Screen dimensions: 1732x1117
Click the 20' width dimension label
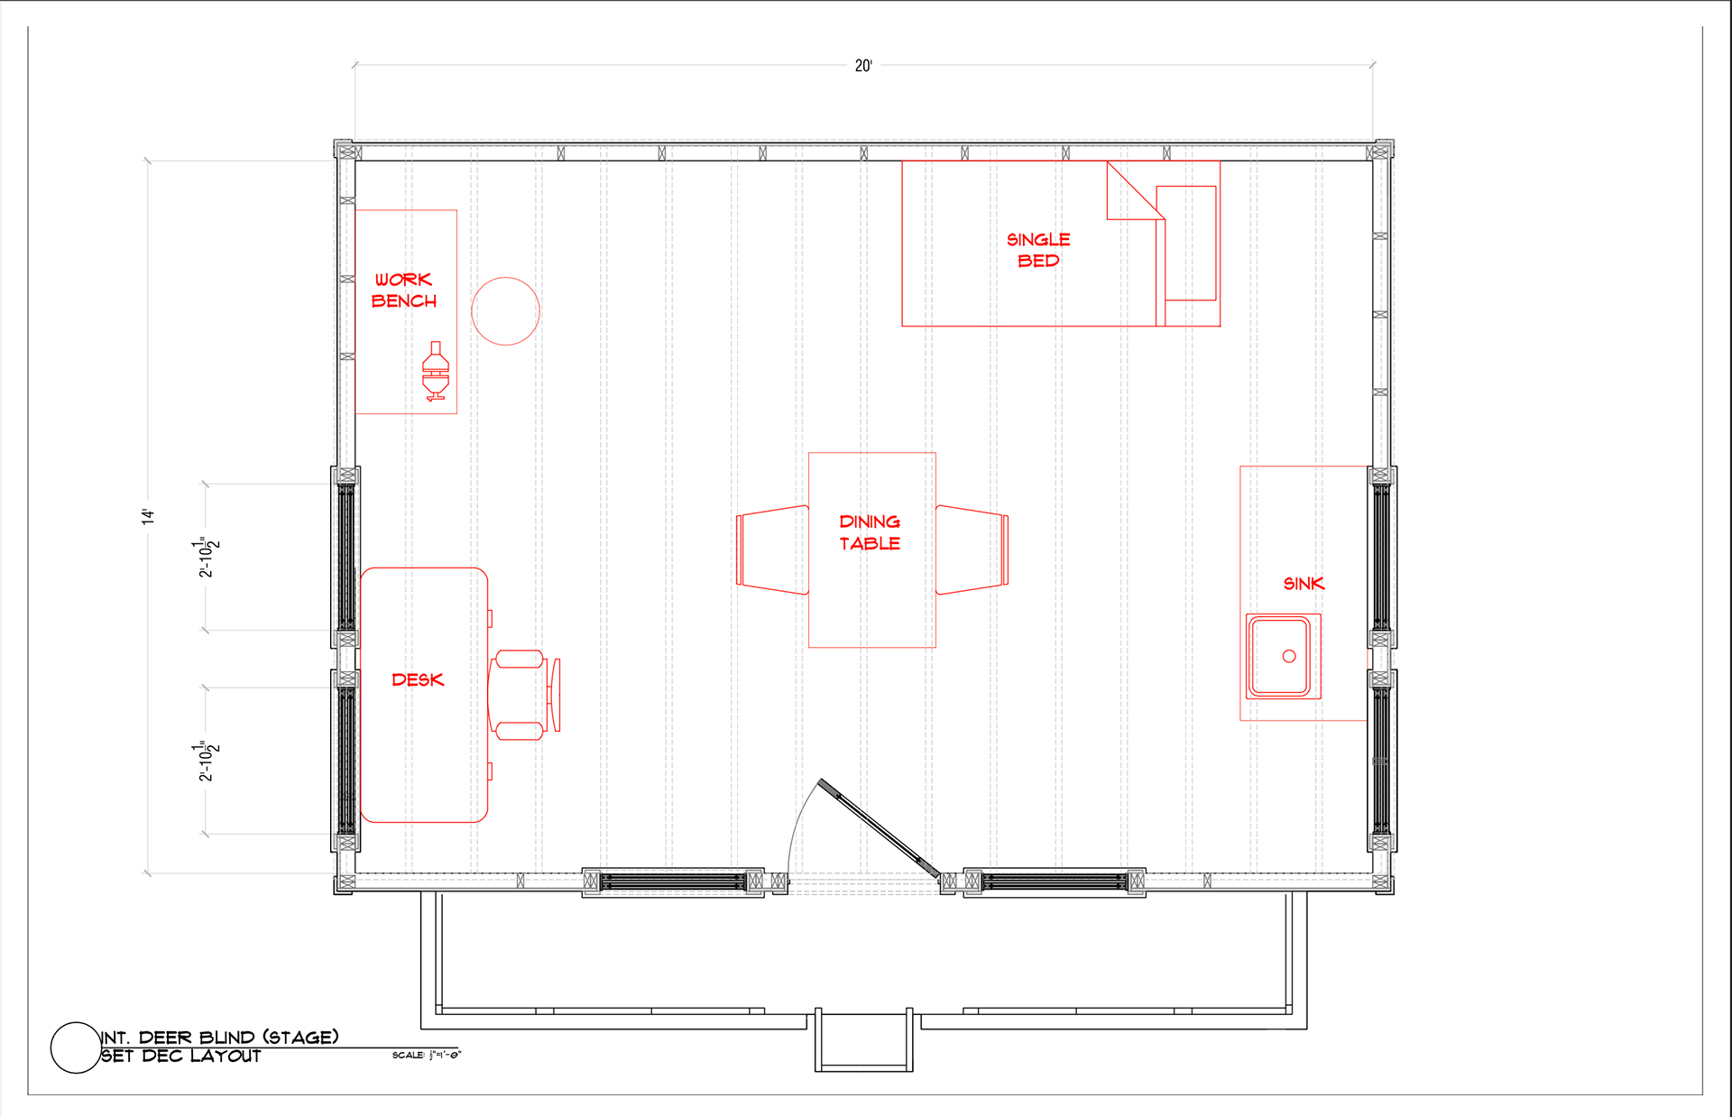pyautogui.click(x=863, y=66)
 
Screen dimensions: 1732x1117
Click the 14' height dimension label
pyautogui.click(x=148, y=516)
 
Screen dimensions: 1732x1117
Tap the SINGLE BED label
pyautogui.click(x=1038, y=250)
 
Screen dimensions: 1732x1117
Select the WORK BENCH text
pyautogui.click(x=404, y=291)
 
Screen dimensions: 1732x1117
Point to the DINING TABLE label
pyautogui.click(x=870, y=532)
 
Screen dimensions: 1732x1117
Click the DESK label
pyautogui.click(x=418, y=679)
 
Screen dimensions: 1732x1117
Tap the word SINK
pyautogui.click(x=1304, y=584)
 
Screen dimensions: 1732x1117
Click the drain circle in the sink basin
pyautogui.click(x=1289, y=656)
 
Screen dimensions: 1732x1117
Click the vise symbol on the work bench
pyautogui.click(x=436, y=371)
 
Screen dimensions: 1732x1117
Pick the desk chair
pyautogui.click(x=524, y=695)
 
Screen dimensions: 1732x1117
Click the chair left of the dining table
pyautogui.click(x=772, y=549)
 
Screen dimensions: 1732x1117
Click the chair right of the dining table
pyautogui.click(x=972, y=549)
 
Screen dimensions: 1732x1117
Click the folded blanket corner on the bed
pyautogui.click(x=1135, y=190)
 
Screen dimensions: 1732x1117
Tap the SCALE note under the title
pyautogui.click(x=426, y=1055)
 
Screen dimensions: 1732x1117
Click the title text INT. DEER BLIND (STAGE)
pyautogui.click(x=220, y=1038)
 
